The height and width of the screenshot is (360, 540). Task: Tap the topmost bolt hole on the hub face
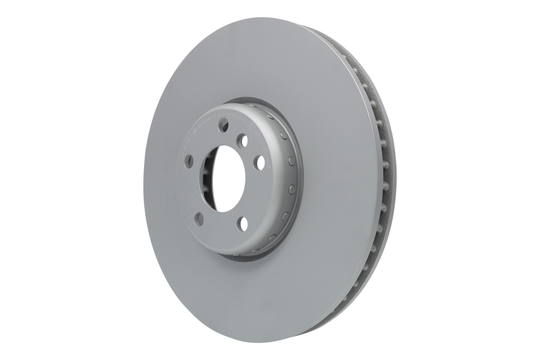point(223,125)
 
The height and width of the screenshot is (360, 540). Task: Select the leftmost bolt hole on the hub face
point(189,161)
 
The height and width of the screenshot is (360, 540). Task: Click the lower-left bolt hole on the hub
point(199,219)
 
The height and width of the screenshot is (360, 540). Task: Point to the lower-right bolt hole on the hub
point(243,223)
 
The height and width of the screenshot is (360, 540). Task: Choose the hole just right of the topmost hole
point(243,141)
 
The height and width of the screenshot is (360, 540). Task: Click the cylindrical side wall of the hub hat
point(288,180)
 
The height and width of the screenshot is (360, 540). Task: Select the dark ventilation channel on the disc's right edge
point(385,180)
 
